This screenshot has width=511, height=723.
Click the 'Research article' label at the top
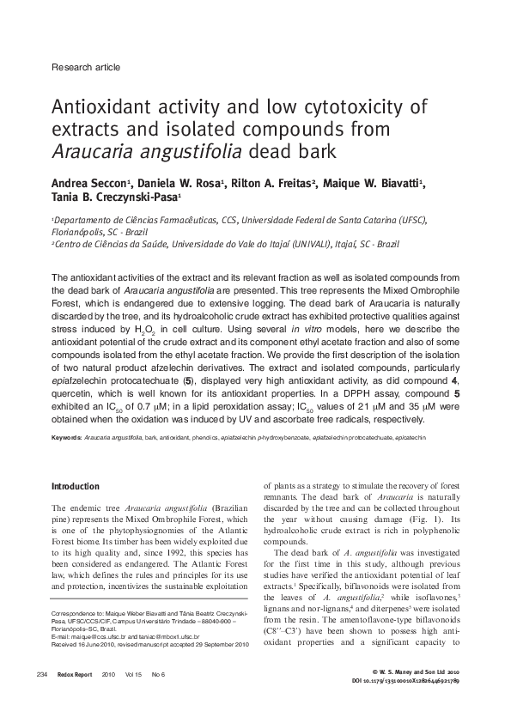[86, 66]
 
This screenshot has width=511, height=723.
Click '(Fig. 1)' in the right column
[425, 520]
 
